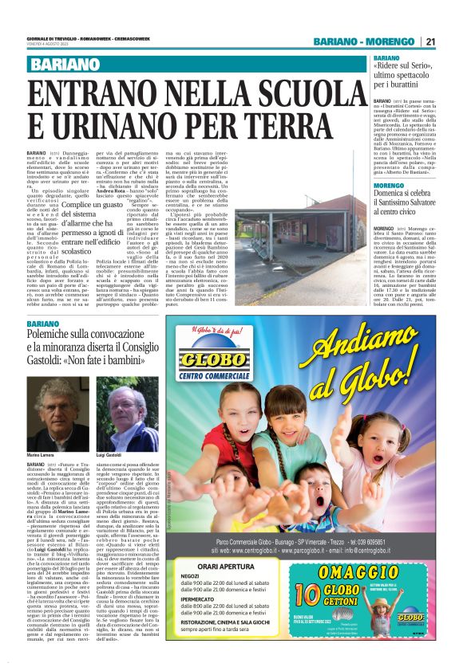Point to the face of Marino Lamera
pyautogui.click(x=50, y=406)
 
